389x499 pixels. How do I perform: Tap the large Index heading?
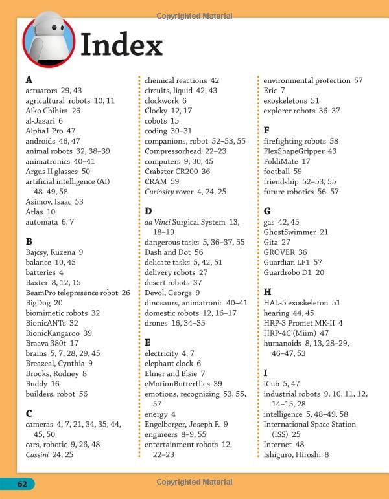pyautogui.click(x=121, y=45)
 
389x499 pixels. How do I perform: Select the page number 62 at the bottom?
pyautogui.click(x=22, y=483)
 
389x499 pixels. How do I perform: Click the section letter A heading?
pyautogui.click(x=29, y=80)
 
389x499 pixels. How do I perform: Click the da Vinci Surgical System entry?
pyautogui.click(x=187, y=222)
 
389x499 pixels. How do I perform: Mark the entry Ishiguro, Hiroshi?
pyautogui.click(x=296, y=454)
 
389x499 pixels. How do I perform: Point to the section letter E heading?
pyautogui.click(x=148, y=342)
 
